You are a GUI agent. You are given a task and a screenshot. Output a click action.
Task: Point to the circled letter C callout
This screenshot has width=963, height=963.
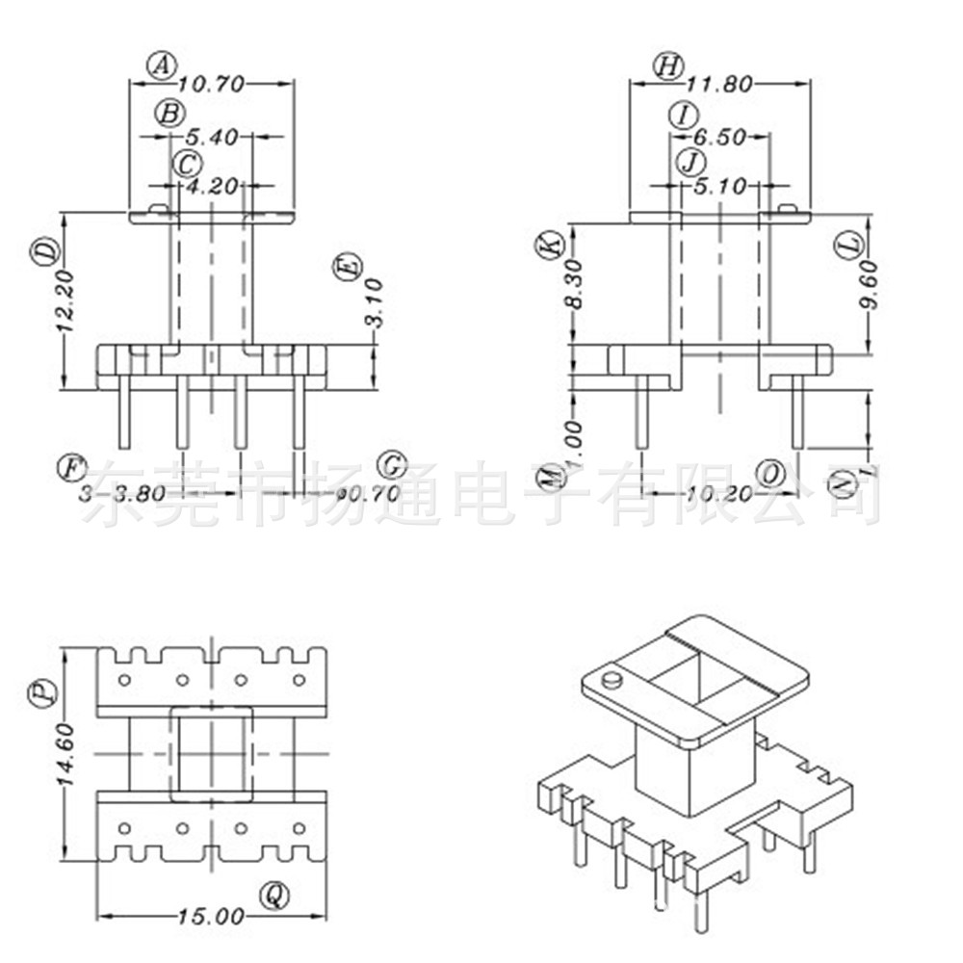coord(187,164)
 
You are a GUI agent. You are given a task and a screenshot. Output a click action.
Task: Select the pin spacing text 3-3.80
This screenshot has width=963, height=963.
coord(123,494)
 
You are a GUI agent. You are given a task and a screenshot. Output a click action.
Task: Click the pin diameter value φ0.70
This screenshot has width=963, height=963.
coord(346,494)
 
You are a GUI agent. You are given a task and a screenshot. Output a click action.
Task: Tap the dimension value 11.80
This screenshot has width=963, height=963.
coord(719,85)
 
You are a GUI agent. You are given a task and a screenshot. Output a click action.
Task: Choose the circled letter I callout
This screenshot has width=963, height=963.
coord(684,116)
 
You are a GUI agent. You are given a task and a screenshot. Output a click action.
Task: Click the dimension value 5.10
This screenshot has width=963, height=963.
coord(719,187)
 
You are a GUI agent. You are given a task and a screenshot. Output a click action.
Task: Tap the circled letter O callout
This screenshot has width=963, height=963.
coord(770,474)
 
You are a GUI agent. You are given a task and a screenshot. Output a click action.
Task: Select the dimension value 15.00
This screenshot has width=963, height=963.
coord(211,917)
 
